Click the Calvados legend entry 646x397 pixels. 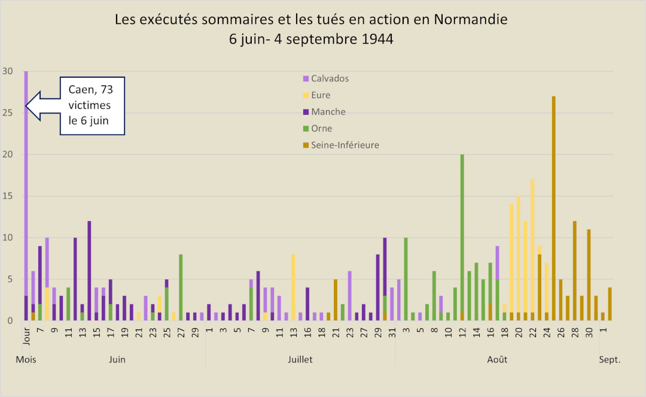330,78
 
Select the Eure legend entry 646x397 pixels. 321,95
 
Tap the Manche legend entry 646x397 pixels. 328,112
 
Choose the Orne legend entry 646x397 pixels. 321,129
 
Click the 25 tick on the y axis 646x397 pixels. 7,113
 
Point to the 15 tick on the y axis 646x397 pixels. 7,196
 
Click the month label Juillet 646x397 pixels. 300,360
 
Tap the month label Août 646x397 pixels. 497,360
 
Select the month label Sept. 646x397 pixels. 610,360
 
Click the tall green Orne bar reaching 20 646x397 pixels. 462,233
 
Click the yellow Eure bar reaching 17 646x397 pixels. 532,245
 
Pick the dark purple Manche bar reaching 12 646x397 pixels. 89,269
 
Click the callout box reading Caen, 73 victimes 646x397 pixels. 93,106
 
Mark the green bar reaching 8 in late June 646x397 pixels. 181,287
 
